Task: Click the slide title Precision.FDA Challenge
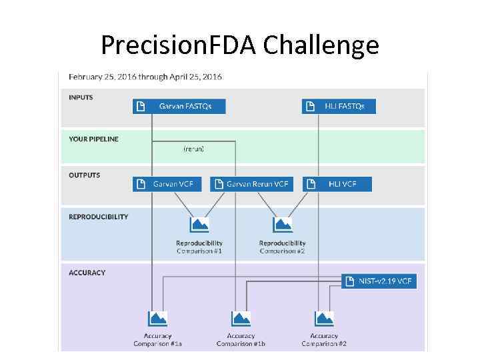240,45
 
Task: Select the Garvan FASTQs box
179,106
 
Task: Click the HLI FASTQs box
338,106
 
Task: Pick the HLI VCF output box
337,184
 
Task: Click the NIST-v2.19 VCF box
379,281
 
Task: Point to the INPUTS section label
81,97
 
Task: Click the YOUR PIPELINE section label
94,139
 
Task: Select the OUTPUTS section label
85,175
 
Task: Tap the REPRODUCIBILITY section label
99,217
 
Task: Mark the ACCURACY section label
87,273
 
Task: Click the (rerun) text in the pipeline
193,149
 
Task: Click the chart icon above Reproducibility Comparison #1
199,225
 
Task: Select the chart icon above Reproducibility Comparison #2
283,225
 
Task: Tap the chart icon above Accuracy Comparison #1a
157,318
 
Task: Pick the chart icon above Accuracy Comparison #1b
241,318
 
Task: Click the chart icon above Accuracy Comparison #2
324,318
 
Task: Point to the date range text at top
145,77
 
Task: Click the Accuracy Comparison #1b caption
241,340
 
